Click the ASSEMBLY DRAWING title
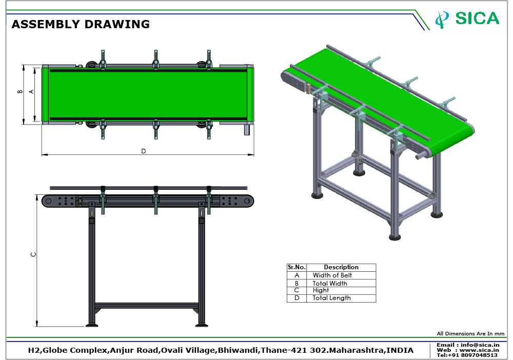(x=81, y=24)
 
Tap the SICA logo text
(x=477, y=18)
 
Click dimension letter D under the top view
(x=143, y=151)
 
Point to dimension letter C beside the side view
(x=33, y=254)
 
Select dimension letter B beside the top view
(x=21, y=92)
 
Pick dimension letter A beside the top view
(x=31, y=92)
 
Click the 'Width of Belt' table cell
(x=341, y=275)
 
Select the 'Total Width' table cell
(x=341, y=283)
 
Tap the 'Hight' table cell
(x=341, y=290)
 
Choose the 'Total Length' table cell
(x=341, y=298)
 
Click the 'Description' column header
(x=341, y=268)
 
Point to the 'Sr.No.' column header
(x=297, y=268)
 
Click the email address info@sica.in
(x=480, y=345)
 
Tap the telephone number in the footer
(x=473, y=355)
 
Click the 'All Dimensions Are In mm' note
(x=470, y=333)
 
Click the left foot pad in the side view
(x=92, y=325)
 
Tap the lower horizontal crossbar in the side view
(x=146, y=306)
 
